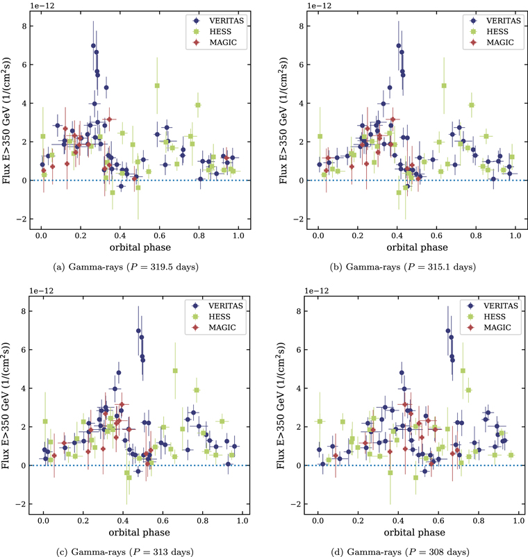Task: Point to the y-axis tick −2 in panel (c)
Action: pyautogui.click(x=22, y=504)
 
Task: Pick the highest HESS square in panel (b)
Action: pyautogui.click(x=444, y=85)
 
